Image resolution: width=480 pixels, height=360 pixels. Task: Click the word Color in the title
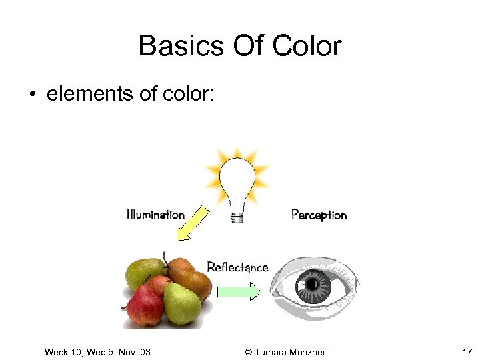tap(307, 46)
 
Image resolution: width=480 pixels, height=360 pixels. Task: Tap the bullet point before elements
tap(32, 94)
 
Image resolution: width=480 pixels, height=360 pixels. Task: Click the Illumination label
tap(155, 214)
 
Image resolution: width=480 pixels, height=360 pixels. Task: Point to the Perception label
tap(319, 215)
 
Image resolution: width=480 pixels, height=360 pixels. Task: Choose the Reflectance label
tap(237, 267)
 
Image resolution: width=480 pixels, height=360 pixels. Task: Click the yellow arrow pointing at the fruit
tap(191, 224)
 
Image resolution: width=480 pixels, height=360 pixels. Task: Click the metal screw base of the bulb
tap(236, 216)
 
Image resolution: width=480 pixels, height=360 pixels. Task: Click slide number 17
tap(467, 351)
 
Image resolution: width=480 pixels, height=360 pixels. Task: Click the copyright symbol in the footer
tap(249, 352)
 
